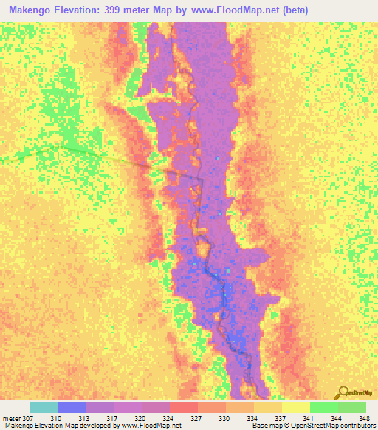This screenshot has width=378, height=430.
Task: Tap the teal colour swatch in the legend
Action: coord(44,407)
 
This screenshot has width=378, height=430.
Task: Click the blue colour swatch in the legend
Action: coord(72,407)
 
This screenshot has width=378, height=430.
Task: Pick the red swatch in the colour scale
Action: coord(183,407)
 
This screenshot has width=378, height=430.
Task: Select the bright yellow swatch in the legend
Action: coord(295,407)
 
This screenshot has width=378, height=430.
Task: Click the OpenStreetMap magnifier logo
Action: coord(343,392)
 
